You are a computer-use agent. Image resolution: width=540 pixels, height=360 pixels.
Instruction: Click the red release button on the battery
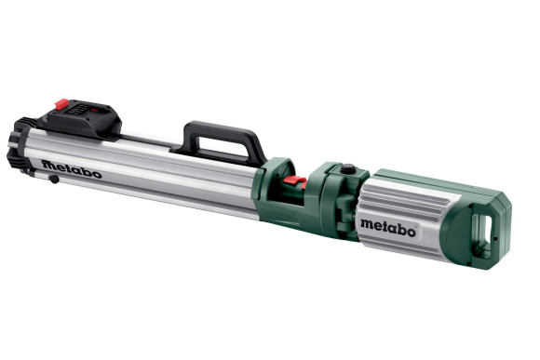tap(62, 104)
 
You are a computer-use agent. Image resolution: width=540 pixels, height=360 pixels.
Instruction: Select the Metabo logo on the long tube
tap(71, 169)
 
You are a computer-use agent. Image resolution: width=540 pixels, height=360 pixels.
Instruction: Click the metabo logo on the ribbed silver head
tap(389, 226)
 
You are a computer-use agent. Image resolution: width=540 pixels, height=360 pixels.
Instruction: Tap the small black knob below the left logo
tap(55, 179)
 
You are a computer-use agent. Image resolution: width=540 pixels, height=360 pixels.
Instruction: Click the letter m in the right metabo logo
tap(368, 223)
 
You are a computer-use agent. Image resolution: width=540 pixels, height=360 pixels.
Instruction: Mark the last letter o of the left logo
tap(97, 174)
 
